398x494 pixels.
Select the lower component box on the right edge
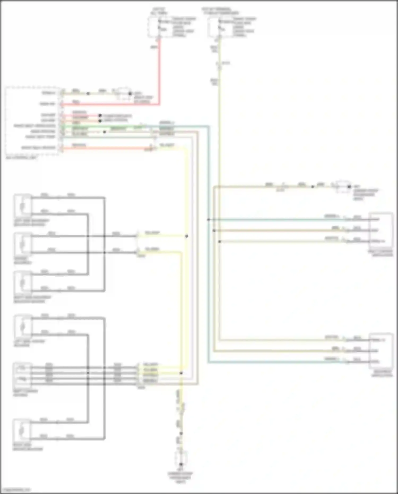381,351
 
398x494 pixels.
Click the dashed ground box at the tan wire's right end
343,187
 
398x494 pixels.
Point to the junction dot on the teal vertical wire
209,220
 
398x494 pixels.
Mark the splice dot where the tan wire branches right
214,230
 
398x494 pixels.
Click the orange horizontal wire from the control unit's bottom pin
106,148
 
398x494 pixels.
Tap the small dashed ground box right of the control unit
124,94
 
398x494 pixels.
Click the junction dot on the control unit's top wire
88,93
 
